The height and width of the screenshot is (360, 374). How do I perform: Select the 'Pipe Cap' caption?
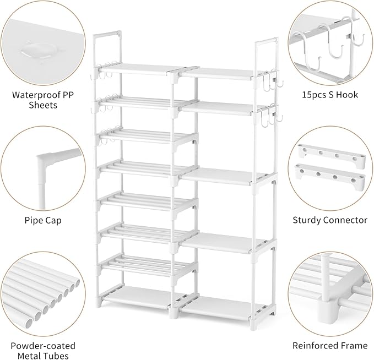(x=43, y=220)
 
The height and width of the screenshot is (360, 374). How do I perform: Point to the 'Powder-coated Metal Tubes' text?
(x=43, y=351)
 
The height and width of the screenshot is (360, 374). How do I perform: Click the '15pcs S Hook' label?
(x=329, y=95)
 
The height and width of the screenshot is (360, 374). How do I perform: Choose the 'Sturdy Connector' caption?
(x=330, y=220)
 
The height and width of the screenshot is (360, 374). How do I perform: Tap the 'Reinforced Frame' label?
(x=330, y=346)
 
